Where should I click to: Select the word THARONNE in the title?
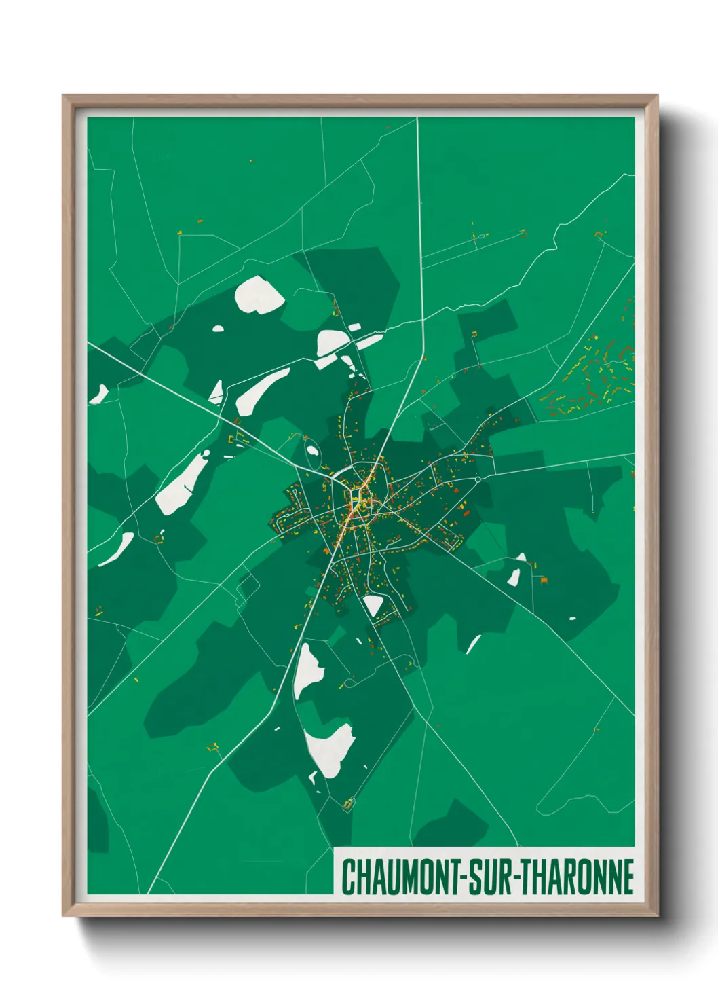(578, 877)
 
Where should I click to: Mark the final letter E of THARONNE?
(628, 877)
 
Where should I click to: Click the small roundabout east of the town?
(478, 479)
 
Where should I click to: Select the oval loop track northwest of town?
(311, 449)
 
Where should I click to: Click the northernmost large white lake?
(259, 295)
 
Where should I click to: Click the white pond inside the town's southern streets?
(373, 604)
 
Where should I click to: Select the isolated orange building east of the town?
(543, 579)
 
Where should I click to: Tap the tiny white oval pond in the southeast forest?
(572, 619)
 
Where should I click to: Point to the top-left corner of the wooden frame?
(64, 96)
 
